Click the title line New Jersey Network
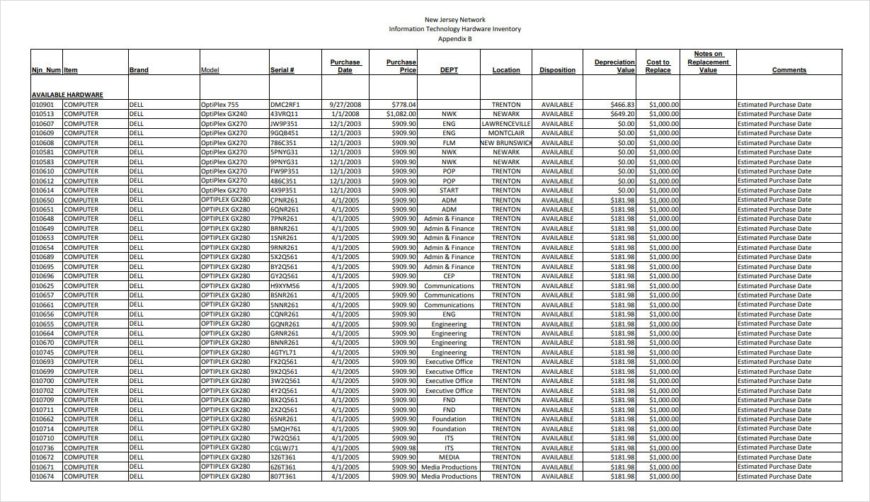click(454, 20)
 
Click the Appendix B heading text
click(454, 39)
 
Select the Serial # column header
click(282, 70)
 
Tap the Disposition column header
click(557, 70)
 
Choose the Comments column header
click(789, 70)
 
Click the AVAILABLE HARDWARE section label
click(67, 94)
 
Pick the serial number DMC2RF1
click(285, 104)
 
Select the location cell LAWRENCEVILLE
click(505, 124)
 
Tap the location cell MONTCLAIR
click(505, 133)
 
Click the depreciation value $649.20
click(622, 114)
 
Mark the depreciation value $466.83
click(622, 104)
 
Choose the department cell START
click(449, 190)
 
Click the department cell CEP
click(449, 276)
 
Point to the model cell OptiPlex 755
click(219, 104)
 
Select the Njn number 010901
click(43, 104)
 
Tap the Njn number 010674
click(43, 477)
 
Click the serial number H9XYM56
click(285, 286)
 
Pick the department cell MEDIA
click(449, 457)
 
